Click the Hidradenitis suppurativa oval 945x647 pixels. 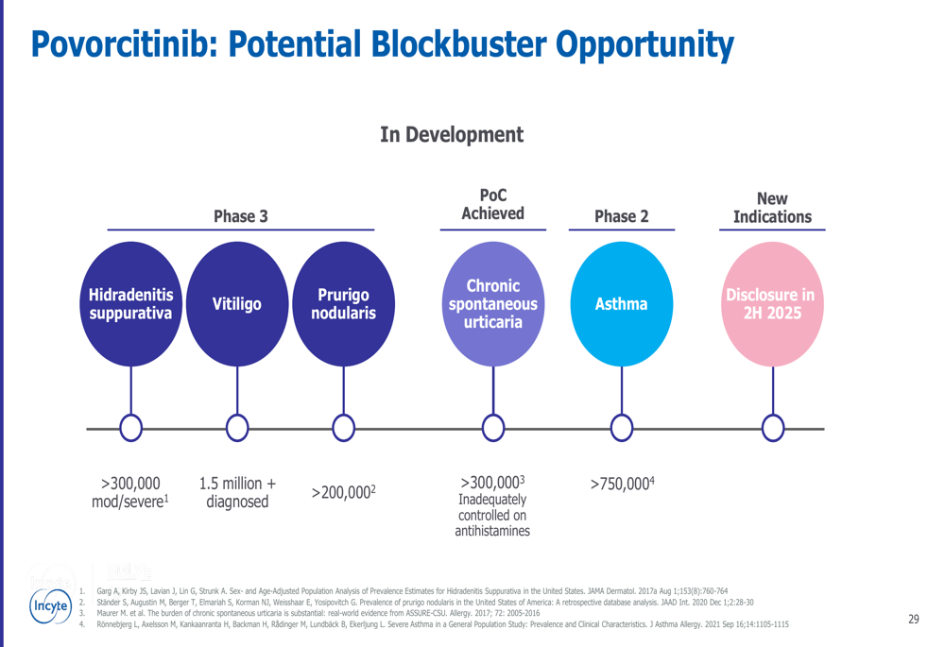tap(130, 303)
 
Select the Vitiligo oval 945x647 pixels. tap(237, 303)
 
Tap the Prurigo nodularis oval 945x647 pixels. tap(344, 303)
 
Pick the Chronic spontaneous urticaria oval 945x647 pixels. tap(493, 303)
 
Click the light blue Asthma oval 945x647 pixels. tap(622, 303)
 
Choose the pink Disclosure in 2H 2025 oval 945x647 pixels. tap(773, 303)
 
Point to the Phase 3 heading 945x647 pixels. tap(240, 216)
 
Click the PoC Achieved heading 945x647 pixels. tap(493, 204)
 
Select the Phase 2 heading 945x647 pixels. tap(622, 216)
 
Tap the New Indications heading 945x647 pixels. tap(773, 208)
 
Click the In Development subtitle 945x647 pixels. tap(452, 134)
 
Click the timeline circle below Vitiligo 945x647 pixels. tap(237, 428)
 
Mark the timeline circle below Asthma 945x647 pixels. tap(622, 428)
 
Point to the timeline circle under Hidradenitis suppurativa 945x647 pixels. tap(130, 428)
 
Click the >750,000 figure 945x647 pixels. tap(622, 484)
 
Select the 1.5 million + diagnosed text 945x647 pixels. tap(237, 492)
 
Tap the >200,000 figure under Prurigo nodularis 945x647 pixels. tap(344, 492)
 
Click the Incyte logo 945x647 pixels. tap(51, 606)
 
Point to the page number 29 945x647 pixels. tap(914, 620)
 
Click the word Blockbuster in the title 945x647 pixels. tap(458, 44)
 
